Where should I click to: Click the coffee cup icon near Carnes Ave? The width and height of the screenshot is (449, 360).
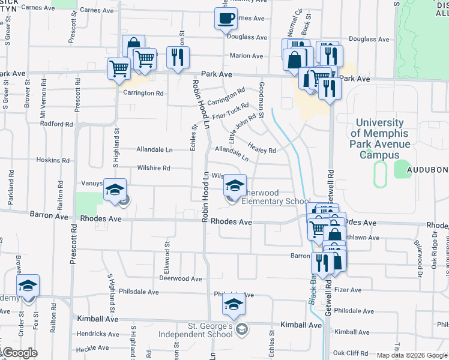[226, 19]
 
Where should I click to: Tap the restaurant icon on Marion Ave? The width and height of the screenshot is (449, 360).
[178, 58]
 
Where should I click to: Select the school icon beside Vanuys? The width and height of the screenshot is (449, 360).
[113, 190]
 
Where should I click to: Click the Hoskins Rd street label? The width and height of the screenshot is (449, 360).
[53, 161]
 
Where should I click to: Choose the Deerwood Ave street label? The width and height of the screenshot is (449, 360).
[180, 278]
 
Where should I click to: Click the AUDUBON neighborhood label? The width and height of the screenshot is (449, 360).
[429, 170]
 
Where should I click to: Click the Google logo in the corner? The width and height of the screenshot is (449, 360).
[19, 353]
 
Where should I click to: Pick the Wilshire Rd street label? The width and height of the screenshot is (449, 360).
[154, 168]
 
